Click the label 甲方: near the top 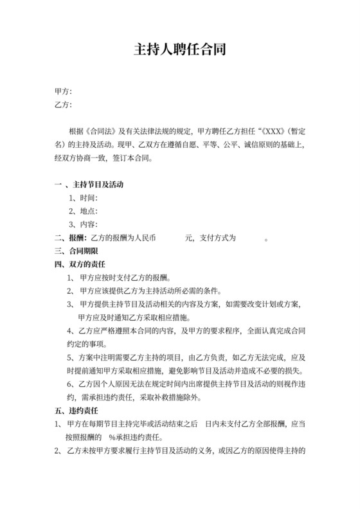pos(63,92)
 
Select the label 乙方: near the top pos(63,105)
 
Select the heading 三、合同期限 pos(75,251)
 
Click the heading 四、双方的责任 pos(80,265)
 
